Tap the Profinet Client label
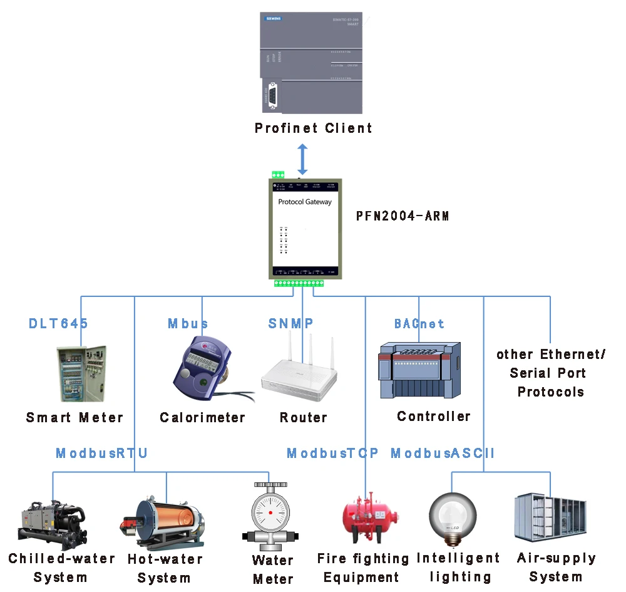tap(313, 128)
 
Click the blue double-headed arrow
tap(302, 159)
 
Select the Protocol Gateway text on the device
tap(305, 202)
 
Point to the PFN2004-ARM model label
tap(403, 217)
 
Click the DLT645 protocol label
tap(58, 324)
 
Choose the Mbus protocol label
tap(188, 324)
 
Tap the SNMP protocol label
tap(290, 324)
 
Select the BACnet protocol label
tap(419, 324)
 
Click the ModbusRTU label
tap(102, 453)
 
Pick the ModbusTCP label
tap(332, 453)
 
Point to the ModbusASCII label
tap(443, 453)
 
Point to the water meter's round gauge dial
tap(270, 511)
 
